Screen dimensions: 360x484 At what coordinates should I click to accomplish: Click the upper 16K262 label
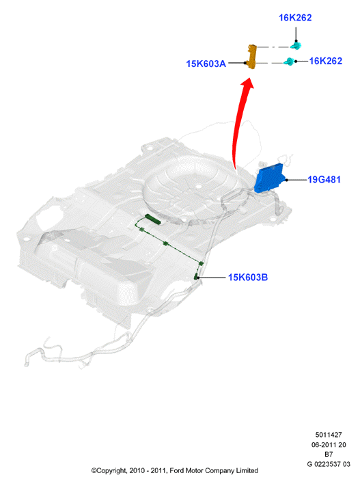point(295,18)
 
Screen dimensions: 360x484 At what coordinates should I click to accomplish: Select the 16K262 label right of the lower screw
point(326,61)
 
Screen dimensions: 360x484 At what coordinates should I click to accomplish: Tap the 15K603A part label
point(206,64)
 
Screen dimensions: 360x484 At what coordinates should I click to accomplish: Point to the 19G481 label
point(324,179)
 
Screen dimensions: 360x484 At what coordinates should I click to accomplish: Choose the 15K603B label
point(248,277)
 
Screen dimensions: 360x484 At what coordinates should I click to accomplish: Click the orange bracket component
point(252,57)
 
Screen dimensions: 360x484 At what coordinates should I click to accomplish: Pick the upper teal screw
point(296,46)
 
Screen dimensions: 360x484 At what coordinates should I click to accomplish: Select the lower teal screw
point(289,61)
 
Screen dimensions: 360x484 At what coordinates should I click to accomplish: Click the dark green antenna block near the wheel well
point(153,219)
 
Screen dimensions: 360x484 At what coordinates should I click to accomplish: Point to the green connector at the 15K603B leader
point(196,276)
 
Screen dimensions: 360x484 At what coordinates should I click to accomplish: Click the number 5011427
point(329,435)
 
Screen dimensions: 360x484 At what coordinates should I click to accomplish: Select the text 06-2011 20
point(329,444)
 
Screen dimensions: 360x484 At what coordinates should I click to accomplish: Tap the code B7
point(329,454)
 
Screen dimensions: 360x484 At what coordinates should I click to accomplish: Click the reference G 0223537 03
point(329,464)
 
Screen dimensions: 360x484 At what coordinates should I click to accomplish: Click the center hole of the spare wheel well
point(197,186)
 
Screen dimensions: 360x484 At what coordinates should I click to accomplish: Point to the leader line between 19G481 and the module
point(296,180)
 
